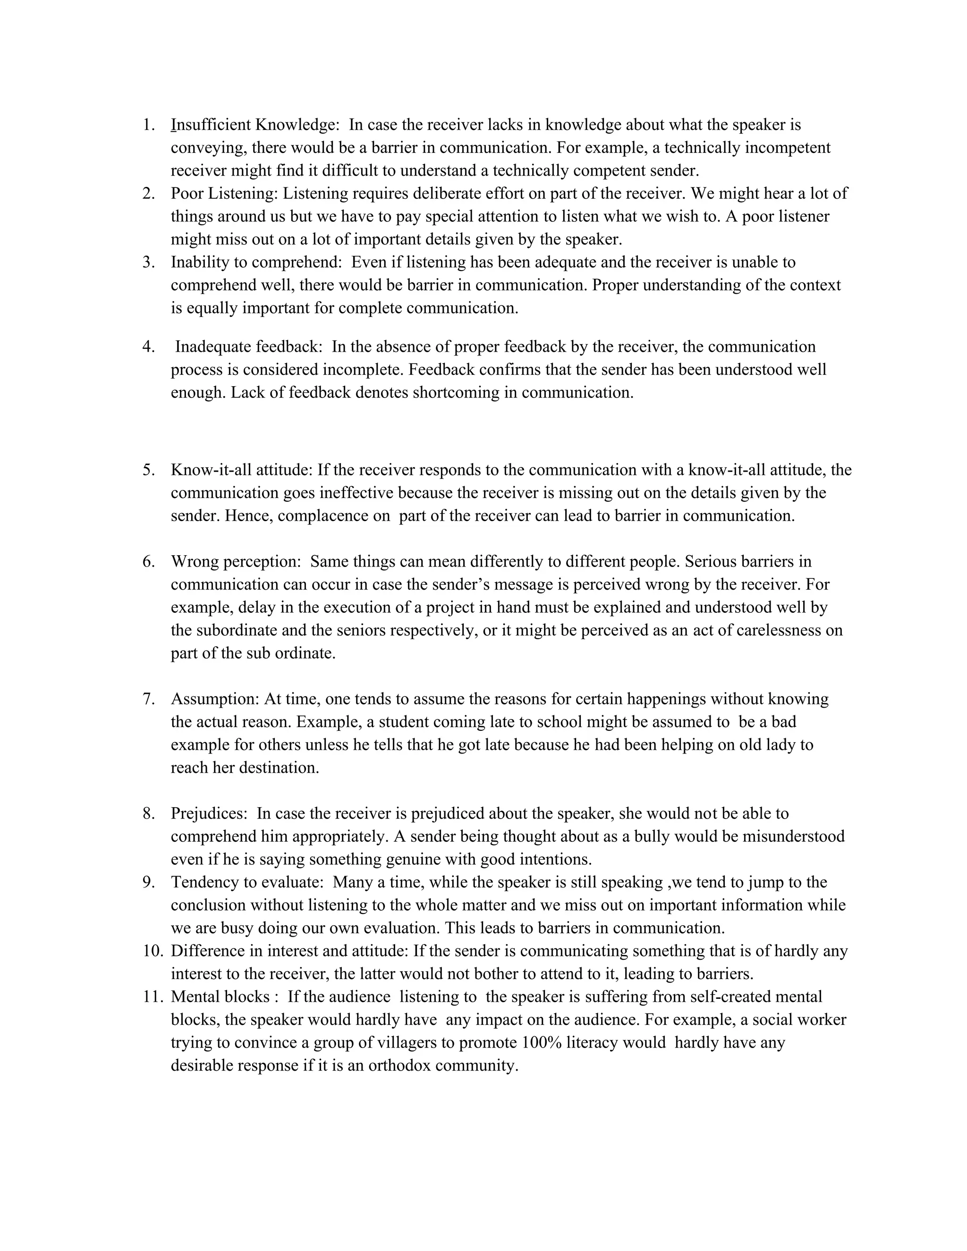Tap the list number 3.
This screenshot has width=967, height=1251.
coord(148,262)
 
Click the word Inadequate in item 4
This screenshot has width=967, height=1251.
coord(215,346)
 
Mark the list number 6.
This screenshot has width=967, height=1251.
coord(148,561)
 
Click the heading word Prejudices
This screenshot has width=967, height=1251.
coord(209,813)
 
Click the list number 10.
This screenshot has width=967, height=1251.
coord(153,950)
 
